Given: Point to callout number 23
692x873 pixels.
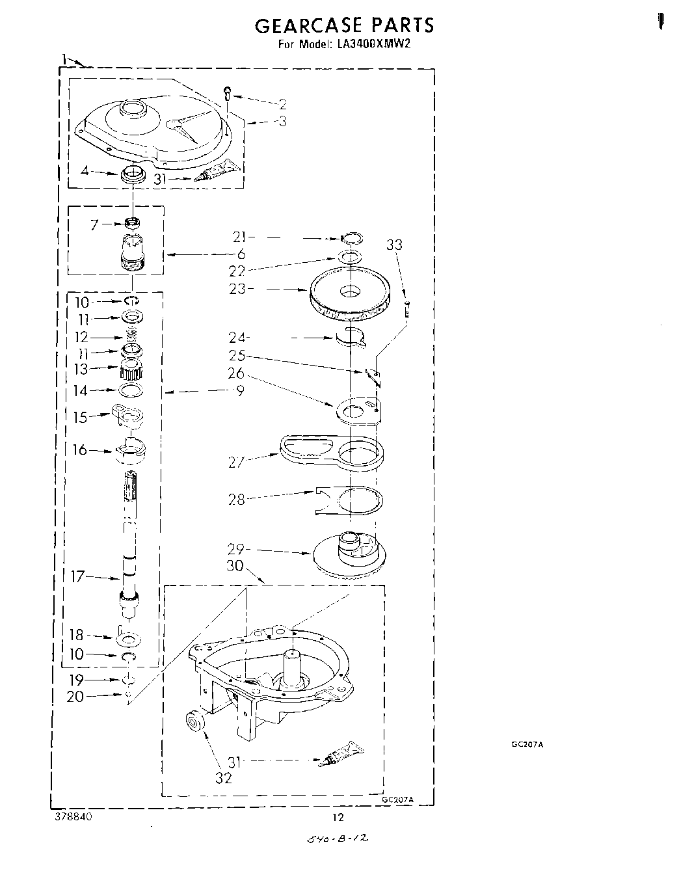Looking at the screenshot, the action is (237, 289).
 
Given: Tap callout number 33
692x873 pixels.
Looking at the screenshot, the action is (394, 245).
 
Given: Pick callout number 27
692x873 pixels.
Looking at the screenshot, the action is (237, 462).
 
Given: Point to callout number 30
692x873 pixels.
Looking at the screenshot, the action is (235, 566).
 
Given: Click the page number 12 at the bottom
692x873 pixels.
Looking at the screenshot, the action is (338, 818).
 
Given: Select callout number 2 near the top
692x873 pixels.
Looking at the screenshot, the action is (282, 103).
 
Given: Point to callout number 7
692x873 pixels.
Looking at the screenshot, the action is (94, 225).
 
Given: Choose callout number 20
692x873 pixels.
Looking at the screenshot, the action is (75, 697).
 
